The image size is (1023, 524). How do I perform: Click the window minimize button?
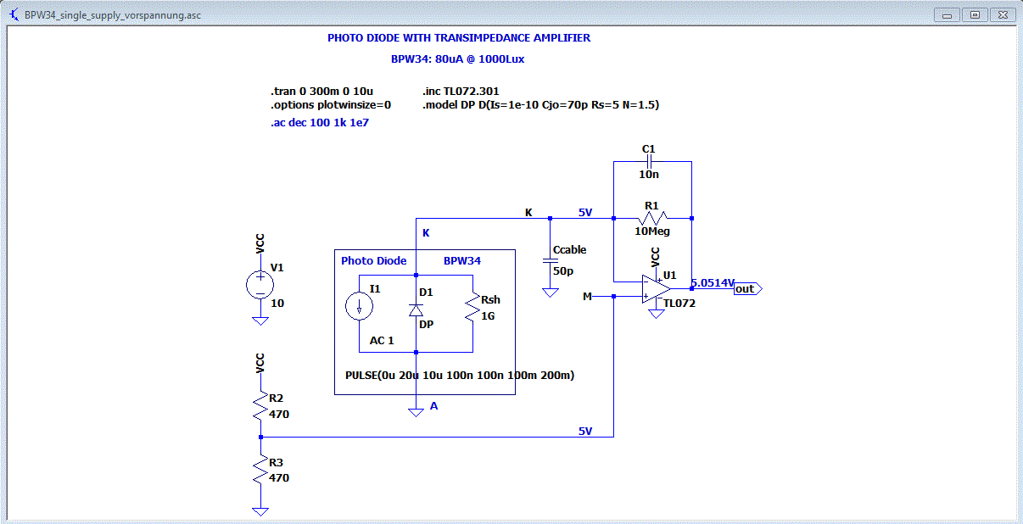[x=946, y=14]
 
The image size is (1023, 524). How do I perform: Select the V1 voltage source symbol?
[x=260, y=286]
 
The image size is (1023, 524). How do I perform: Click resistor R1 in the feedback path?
[x=651, y=219]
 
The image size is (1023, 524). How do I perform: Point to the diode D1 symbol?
[x=416, y=310]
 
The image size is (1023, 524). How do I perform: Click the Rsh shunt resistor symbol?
[x=471, y=307]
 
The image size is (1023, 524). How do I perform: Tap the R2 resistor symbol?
[x=260, y=409]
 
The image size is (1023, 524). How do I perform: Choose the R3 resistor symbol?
[x=260, y=471]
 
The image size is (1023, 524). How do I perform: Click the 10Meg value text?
[x=651, y=231]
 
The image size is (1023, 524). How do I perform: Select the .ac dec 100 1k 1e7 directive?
[x=320, y=122]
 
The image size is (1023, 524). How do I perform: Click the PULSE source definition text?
[x=459, y=375]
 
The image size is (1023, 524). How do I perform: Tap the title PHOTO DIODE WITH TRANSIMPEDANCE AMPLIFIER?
[x=459, y=38]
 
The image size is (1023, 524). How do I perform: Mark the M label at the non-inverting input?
[x=588, y=296]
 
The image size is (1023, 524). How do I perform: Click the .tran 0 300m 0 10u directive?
[x=322, y=91]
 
